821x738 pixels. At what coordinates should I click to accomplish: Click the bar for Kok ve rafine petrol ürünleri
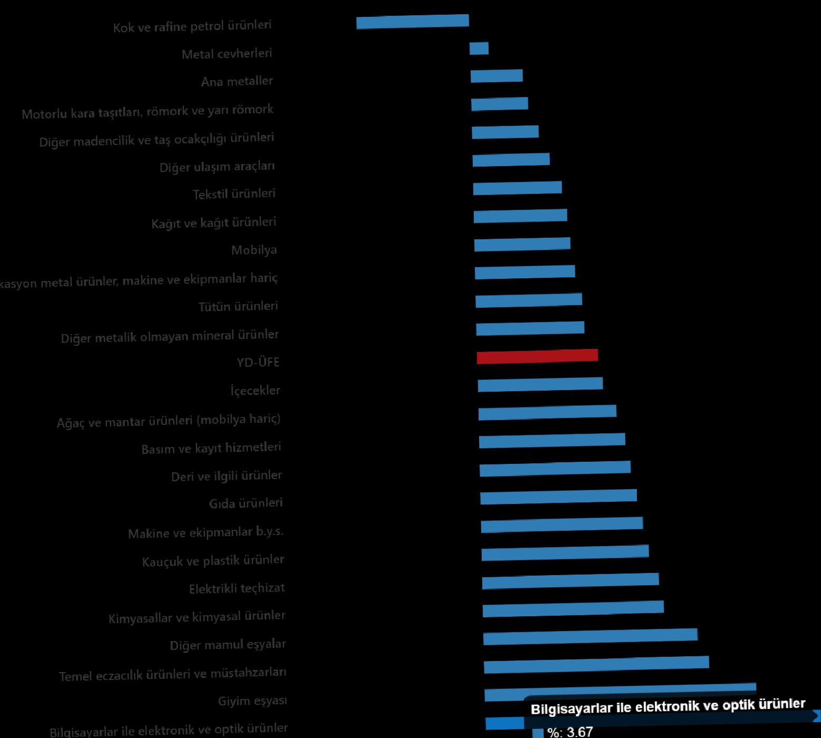click(x=413, y=22)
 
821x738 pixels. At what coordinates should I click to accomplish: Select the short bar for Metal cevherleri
click(x=479, y=48)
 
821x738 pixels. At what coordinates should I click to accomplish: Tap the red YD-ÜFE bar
click(x=537, y=356)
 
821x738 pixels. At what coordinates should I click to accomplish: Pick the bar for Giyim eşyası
click(x=620, y=692)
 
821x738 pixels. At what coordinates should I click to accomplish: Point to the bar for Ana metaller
click(x=497, y=76)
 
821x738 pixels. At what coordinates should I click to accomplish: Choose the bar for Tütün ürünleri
click(x=529, y=300)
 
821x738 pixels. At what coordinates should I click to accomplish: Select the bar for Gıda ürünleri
click(x=558, y=497)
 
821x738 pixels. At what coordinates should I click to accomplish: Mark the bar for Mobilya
click(x=522, y=244)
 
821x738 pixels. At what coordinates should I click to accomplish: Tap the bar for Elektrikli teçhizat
click(x=570, y=581)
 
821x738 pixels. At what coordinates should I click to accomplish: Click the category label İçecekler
click(x=255, y=391)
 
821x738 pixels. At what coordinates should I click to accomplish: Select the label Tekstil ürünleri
click(x=234, y=194)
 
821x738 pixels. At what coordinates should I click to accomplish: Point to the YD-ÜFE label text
click(x=258, y=362)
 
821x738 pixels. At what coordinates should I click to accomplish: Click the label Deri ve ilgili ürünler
click(x=227, y=476)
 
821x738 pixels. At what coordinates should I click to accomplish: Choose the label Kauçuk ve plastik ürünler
click(x=213, y=560)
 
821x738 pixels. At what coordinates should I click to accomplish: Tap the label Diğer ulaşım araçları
click(x=217, y=167)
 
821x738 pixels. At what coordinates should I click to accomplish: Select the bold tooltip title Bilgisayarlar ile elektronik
click(x=667, y=706)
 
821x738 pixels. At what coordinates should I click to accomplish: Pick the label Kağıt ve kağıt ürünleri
click(x=214, y=222)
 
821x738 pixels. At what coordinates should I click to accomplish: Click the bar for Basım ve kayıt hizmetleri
click(x=552, y=440)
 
